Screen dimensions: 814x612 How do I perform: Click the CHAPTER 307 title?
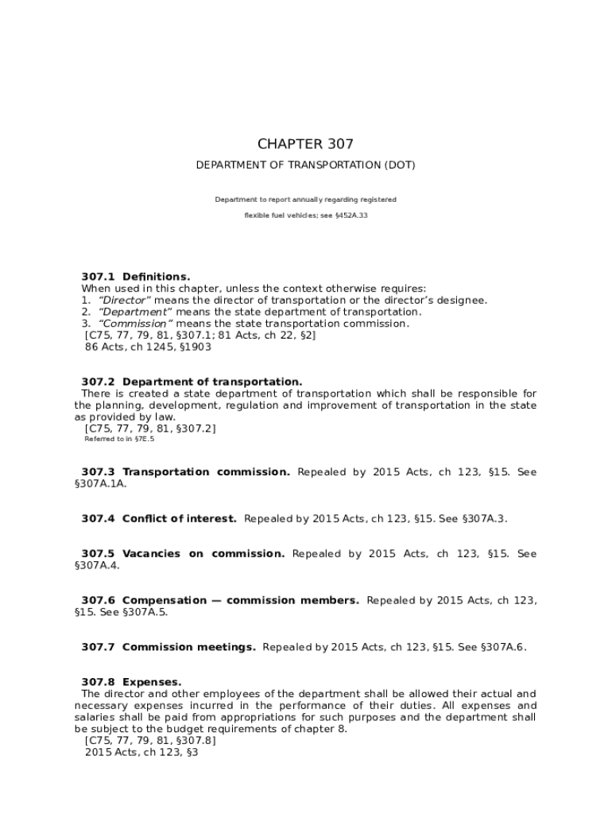pos(305,144)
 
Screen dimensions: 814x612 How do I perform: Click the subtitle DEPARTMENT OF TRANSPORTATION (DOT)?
pos(305,165)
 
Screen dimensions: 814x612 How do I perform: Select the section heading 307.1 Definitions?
pos(135,277)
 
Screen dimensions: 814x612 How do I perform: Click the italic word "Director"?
pos(124,300)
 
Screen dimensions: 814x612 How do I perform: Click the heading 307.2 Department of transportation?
pos(192,382)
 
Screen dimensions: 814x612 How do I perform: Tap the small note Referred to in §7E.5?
pos(119,439)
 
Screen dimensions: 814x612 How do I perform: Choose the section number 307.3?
pos(99,472)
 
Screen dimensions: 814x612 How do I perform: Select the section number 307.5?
pos(99,554)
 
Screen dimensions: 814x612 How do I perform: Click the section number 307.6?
pos(99,601)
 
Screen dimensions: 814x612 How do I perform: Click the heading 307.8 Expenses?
pos(131,682)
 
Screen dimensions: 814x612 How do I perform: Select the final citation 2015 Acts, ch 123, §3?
pos(141,751)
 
